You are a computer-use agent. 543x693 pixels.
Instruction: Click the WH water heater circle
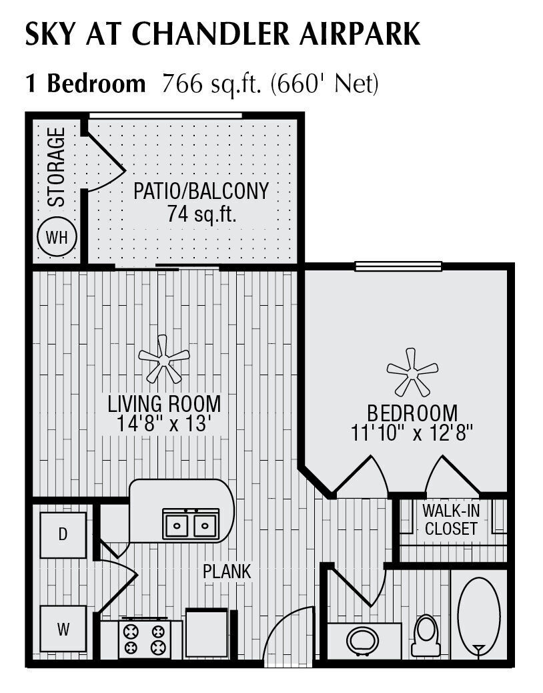tap(57, 237)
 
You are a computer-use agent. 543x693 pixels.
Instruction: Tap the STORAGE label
tap(57, 166)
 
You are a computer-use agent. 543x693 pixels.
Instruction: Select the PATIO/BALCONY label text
tap(201, 191)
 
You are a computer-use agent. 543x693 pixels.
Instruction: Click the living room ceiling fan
tap(163, 359)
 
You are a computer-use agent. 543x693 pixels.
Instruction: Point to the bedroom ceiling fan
tap(412, 371)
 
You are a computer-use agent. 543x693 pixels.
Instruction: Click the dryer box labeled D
tap(63, 535)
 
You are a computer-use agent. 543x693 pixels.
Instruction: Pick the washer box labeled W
tap(63, 628)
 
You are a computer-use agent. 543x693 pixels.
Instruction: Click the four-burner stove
tap(141, 640)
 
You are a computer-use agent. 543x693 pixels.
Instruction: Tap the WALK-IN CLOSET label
tap(451, 520)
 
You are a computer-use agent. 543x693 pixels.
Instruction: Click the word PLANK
tap(227, 571)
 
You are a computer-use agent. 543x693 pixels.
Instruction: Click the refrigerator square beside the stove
tap(207, 632)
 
